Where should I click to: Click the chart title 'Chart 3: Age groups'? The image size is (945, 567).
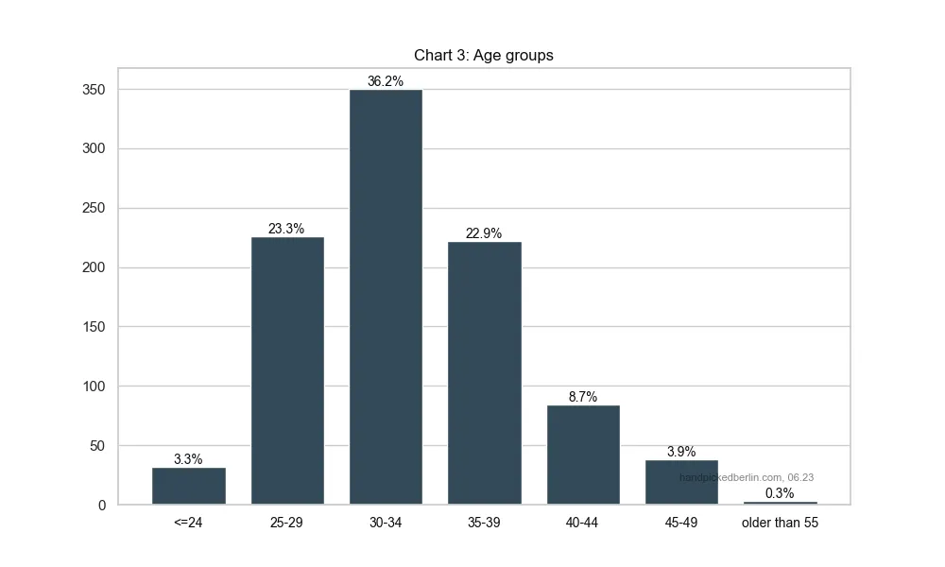pos(483,55)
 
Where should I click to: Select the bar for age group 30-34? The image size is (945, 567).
pos(386,297)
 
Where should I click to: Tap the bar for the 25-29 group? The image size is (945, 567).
pos(287,370)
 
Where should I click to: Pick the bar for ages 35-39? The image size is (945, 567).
pos(484,372)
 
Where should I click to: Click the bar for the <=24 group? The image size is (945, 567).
pos(189,486)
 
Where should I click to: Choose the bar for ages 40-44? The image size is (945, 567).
pos(583,455)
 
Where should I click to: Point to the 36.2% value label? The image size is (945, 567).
pos(386,81)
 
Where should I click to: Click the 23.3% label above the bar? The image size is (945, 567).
pos(286,229)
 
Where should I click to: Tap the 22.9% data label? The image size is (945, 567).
pos(484,233)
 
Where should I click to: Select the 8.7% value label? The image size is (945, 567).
pos(583,397)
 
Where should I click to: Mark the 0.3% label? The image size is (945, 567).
pos(780,493)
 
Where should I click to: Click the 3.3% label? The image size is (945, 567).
pos(188,459)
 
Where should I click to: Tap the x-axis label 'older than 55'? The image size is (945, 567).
pos(780,523)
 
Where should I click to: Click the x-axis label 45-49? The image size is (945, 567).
pos(681,523)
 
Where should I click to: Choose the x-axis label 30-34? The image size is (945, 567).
pos(386,523)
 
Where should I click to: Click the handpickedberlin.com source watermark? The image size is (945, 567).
pos(747,477)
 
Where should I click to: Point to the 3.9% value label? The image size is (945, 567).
pos(681,452)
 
